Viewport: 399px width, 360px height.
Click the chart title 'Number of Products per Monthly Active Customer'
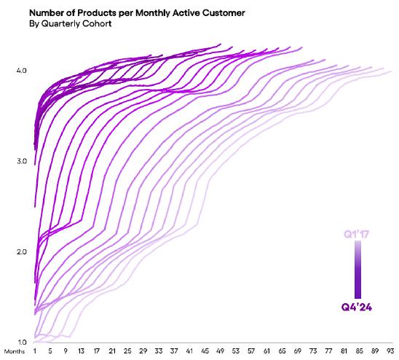(137, 12)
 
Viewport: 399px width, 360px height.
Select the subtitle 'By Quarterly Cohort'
(70, 24)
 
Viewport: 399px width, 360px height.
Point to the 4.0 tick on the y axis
(21, 70)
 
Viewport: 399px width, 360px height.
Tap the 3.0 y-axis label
(21, 161)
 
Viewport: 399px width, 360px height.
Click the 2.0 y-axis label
(21, 251)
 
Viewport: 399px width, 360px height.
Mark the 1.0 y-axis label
(21, 343)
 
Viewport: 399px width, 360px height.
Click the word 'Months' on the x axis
(15, 351)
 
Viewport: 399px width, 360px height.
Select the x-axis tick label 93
(390, 351)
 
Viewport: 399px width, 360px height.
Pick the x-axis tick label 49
(220, 351)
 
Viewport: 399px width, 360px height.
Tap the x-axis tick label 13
(81, 351)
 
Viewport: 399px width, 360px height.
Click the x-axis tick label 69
(298, 351)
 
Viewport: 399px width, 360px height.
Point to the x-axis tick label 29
(143, 351)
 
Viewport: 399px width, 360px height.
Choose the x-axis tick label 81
(344, 351)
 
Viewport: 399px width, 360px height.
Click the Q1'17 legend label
(356, 234)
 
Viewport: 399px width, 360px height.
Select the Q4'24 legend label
(357, 307)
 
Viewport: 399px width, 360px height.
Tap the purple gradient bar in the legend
(357, 270)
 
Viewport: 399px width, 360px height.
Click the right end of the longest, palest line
(391, 71)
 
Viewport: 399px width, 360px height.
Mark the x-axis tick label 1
(35, 351)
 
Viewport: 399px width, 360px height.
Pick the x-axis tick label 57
(251, 351)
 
